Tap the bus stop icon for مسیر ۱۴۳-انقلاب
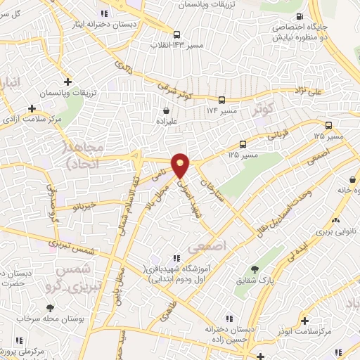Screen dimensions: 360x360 (176, 33)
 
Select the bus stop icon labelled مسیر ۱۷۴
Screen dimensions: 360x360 (221, 100)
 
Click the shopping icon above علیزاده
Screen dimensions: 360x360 (166, 110)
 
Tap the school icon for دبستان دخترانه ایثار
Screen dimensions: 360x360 (104, 13)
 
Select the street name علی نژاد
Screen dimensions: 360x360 (309, 91)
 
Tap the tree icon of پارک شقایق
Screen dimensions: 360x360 (255, 269)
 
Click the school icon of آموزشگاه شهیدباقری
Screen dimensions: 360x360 (176, 259)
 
